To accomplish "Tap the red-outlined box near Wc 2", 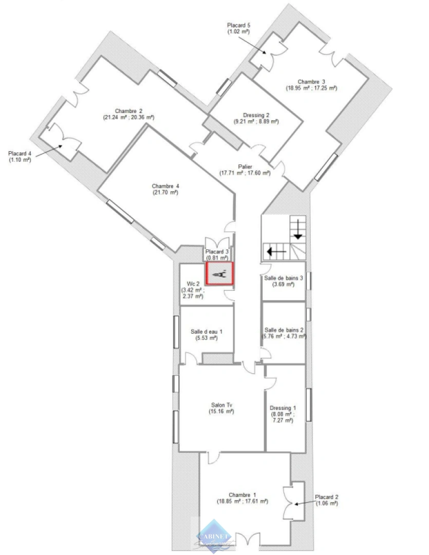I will point(220,273).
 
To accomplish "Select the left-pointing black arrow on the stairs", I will point(275,252).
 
